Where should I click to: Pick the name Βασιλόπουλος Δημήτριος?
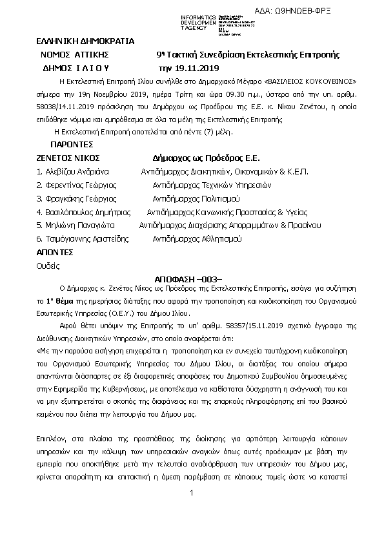tap(83, 212)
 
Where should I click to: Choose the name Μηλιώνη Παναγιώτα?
tap(76, 225)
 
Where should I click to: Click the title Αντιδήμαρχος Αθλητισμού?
tap(197, 239)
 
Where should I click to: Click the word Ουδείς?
tap(48, 266)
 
